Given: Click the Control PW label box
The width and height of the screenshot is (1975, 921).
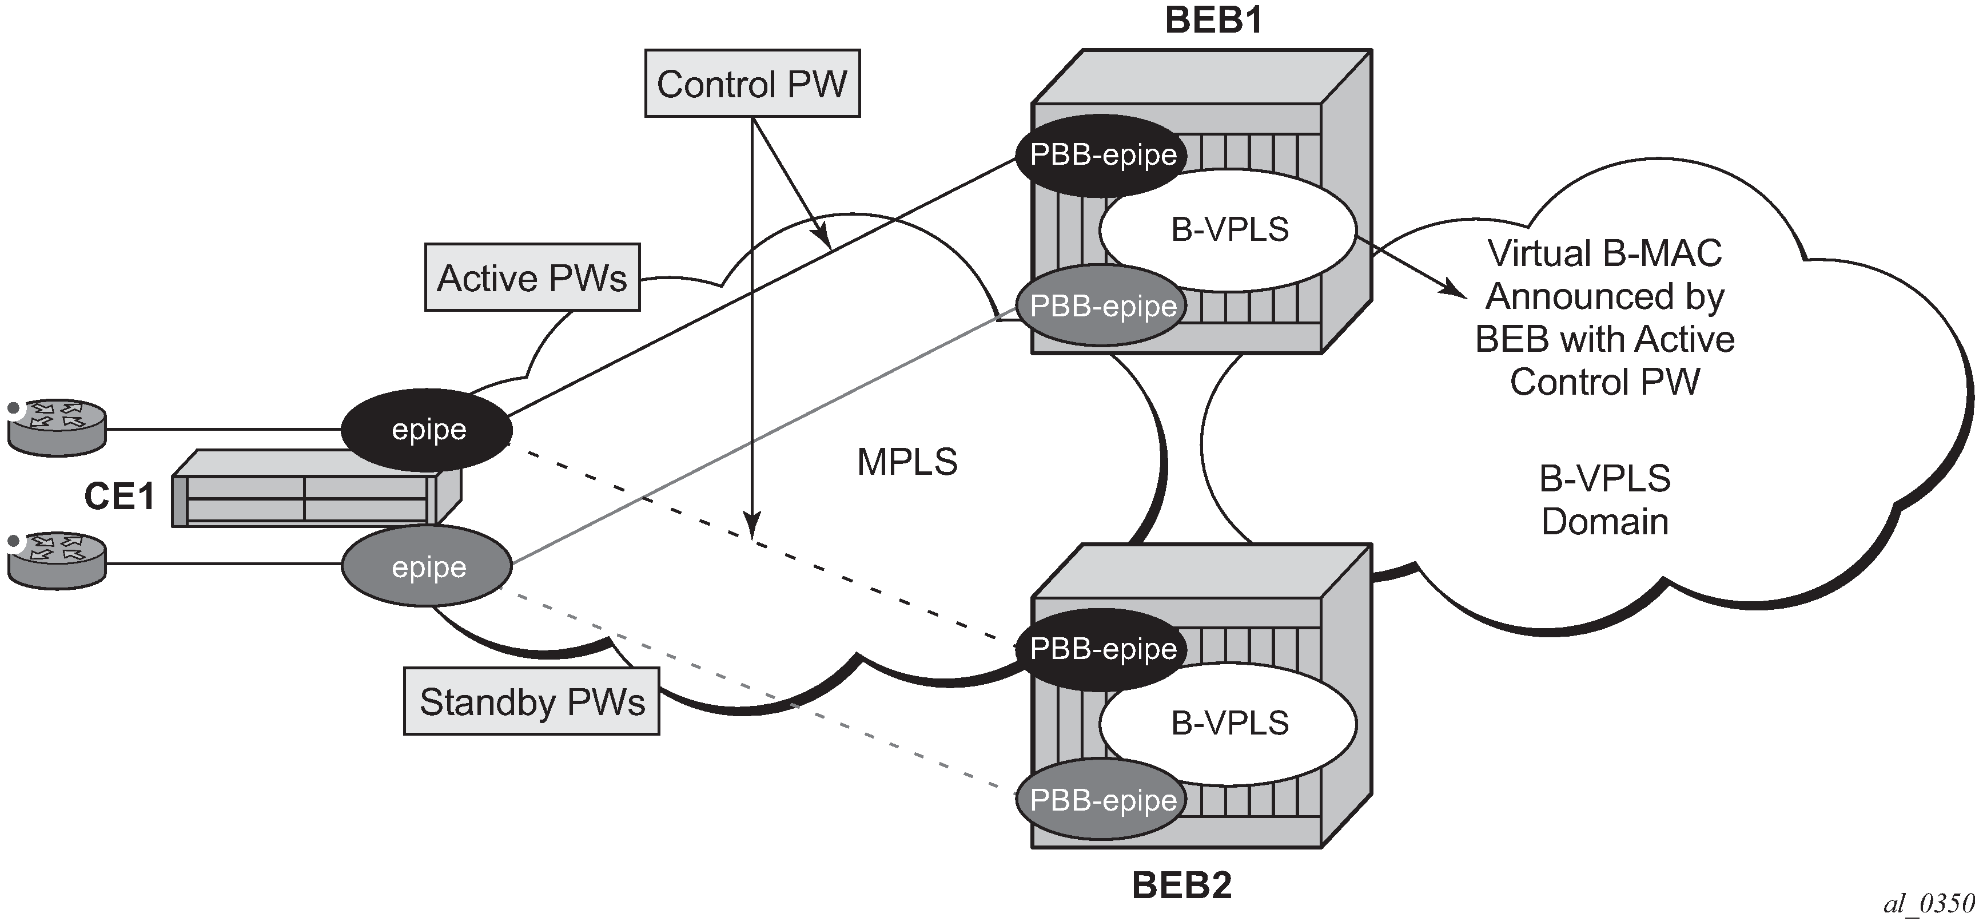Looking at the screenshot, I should point(752,84).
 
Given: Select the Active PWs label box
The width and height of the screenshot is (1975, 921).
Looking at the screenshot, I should point(532,277).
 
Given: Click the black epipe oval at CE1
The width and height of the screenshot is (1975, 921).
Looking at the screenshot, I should point(427,430).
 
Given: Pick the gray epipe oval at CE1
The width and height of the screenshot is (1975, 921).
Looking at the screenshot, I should point(427,567).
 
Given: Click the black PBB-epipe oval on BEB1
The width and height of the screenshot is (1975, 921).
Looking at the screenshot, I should point(1102,155).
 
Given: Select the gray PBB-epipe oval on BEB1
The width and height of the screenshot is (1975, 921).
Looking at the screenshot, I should point(1102,306).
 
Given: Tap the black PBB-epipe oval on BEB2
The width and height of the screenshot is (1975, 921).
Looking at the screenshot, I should point(1102,649).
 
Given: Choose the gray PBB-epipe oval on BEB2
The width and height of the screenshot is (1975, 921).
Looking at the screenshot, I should point(1102,800).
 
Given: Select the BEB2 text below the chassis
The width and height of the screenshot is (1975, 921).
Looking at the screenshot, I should point(1181,886).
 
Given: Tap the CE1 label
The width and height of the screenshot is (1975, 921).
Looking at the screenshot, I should point(119,496).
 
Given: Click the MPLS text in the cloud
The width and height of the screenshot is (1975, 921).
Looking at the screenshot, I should point(907,462).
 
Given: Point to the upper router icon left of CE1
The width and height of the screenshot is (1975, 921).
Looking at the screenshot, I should point(57,428).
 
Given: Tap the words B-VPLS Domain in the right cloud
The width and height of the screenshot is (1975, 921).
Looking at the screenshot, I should point(1604,500).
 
